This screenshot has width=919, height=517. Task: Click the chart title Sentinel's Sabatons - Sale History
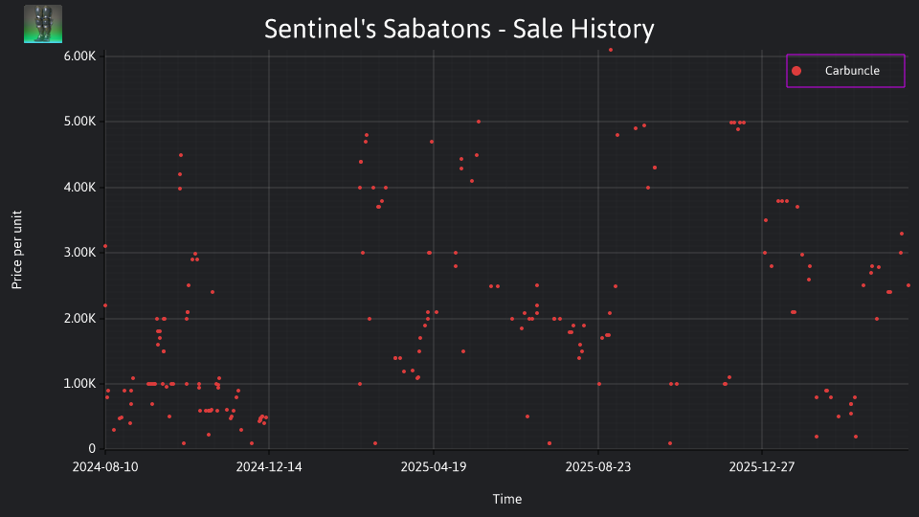pyautogui.click(x=459, y=29)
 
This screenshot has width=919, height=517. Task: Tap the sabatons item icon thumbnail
pyautogui.click(x=43, y=24)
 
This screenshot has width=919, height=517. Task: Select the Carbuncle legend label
pyautogui.click(x=852, y=70)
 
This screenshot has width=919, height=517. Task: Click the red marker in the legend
pyautogui.click(x=796, y=71)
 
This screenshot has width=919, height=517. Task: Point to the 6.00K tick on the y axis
pyautogui.click(x=79, y=56)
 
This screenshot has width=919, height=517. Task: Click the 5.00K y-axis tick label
pyautogui.click(x=79, y=122)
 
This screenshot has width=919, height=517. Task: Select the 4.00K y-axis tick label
pyautogui.click(x=79, y=187)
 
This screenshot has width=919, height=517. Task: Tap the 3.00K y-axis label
pyautogui.click(x=79, y=253)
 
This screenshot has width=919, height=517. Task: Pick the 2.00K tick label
pyautogui.click(x=79, y=318)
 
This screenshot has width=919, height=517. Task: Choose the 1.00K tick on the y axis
pyautogui.click(x=79, y=383)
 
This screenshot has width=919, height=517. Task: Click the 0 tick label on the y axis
pyautogui.click(x=92, y=449)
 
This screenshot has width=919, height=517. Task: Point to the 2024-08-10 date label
pyautogui.click(x=105, y=467)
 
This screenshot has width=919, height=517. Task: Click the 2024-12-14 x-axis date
pyautogui.click(x=269, y=467)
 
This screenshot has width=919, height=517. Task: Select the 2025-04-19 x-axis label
pyautogui.click(x=434, y=467)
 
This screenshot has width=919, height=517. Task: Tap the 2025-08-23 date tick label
pyautogui.click(x=597, y=467)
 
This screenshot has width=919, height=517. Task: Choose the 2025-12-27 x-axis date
pyautogui.click(x=762, y=467)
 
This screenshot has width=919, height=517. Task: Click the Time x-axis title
pyautogui.click(x=507, y=499)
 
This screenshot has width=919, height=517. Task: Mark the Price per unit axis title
pyautogui.click(x=17, y=250)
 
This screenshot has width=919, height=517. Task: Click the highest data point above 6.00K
pyautogui.click(x=610, y=50)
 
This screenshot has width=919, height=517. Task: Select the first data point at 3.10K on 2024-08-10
pyautogui.click(x=105, y=246)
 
